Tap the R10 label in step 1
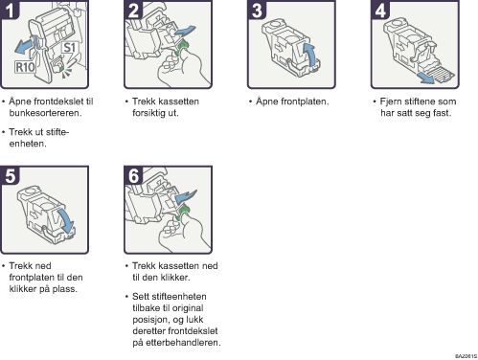point(28,67)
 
